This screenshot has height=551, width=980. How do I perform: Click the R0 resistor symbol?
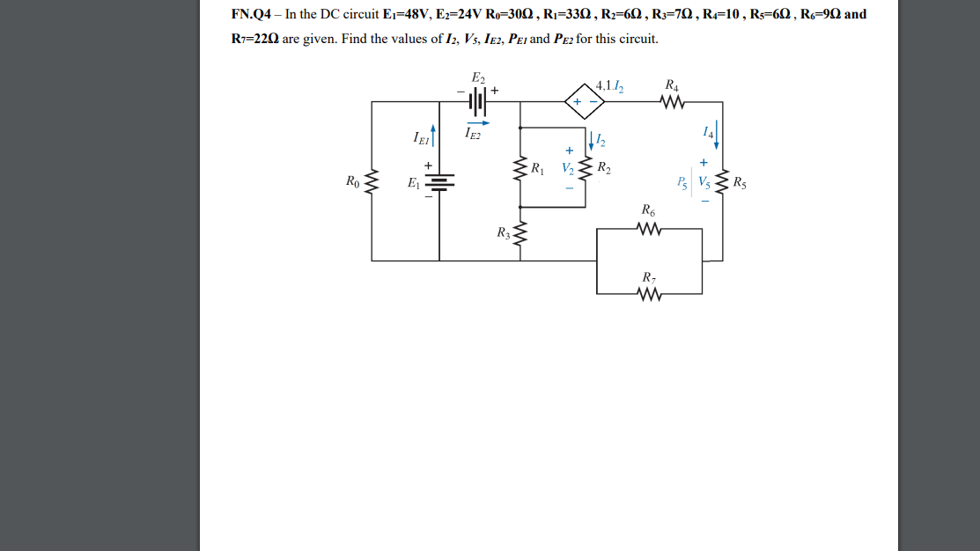(x=372, y=183)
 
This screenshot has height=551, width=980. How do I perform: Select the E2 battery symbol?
(x=477, y=102)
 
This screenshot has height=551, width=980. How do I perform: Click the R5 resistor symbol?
(x=723, y=183)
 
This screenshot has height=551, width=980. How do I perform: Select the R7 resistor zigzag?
(x=649, y=293)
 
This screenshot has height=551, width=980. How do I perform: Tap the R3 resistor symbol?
(x=521, y=234)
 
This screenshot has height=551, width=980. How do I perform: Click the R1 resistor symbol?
(x=521, y=167)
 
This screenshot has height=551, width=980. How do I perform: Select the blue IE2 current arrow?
(x=477, y=123)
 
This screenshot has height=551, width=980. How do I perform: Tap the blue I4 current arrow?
(x=717, y=136)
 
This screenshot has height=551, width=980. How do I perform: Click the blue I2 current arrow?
(x=591, y=141)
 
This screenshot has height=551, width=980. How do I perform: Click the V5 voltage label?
(x=704, y=183)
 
